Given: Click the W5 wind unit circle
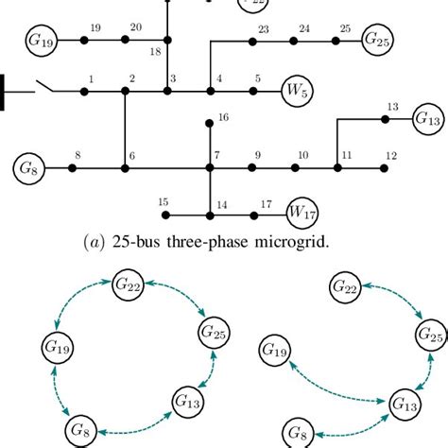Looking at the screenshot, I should [299, 92].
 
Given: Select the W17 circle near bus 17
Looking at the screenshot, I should [302, 210].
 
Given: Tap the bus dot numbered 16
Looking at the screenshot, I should [210, 122].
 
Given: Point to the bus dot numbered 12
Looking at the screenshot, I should [383, 168].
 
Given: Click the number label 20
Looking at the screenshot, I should [135, 28].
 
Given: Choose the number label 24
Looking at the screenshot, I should [303, 29].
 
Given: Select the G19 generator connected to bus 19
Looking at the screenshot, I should [42, 42].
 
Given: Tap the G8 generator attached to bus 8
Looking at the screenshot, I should [28, 168].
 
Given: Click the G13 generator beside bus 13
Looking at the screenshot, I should [427, 119].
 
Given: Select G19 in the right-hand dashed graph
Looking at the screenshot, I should [274, 353].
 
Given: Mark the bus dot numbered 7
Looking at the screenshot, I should [210, 168].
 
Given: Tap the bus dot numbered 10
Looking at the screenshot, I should [295, 168].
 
